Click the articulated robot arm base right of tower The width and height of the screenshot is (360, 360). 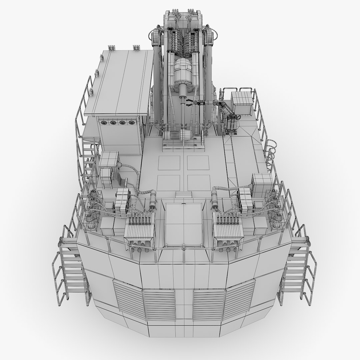tap(232, 127)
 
